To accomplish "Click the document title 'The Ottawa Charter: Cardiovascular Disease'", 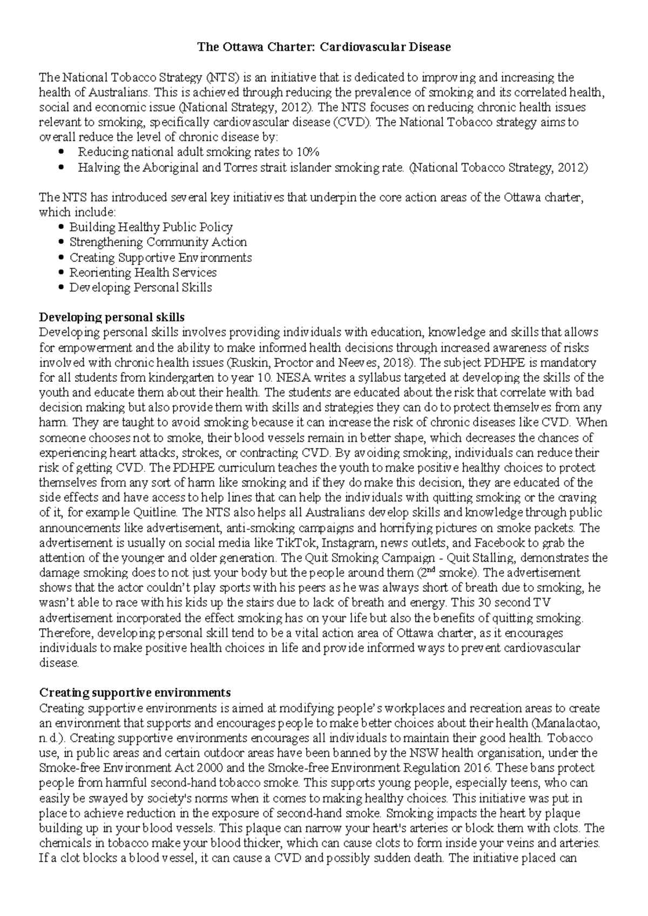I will [323, 48].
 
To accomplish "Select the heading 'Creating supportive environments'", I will [135, 693].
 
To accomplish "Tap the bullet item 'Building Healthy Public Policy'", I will [151, 227].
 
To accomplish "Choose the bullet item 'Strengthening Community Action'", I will [158, 243].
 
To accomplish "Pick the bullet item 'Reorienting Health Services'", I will [143, 273].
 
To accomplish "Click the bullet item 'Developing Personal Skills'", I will [140, 288].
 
